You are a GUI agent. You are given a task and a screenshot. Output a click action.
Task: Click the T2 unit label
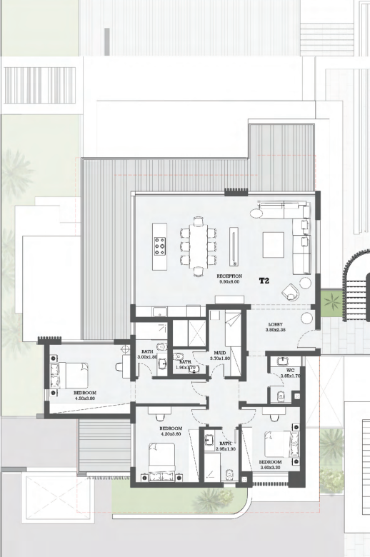(x=264, y=281)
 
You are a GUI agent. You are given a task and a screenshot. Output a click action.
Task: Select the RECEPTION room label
(x=229, y=276)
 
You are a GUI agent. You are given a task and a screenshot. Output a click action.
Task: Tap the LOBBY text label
(x=276, y=323)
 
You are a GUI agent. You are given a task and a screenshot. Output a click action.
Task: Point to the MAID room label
(x=220, y=353)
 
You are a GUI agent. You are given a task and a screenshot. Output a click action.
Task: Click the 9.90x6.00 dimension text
(x=229, y=282)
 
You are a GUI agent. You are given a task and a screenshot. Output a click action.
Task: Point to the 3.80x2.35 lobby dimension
(x=276, y=330)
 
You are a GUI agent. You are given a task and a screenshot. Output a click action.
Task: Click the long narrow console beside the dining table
(x=233, y=246)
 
